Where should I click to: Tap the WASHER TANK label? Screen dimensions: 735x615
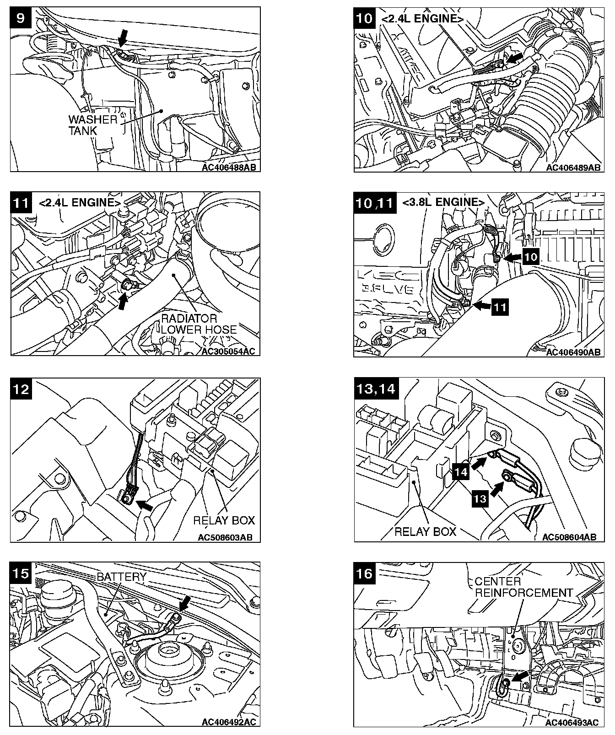[x=92, y=125]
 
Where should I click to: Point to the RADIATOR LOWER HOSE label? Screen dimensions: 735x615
[x=199, y=324]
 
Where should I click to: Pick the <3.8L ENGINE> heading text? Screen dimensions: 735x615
[x=443, y=202]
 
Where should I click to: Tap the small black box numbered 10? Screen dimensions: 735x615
[x=531, y=257]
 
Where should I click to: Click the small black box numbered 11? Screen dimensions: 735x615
[x=500, y=307]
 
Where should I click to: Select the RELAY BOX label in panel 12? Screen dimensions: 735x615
[x=224, y=520]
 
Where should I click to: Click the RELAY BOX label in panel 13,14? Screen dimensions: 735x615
[x=425, y=531]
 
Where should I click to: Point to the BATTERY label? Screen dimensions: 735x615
[x=121, y=576]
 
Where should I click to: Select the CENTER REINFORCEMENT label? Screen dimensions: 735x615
[x=523, y=587]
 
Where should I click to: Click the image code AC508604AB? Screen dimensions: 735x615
[x=569, y=537]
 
